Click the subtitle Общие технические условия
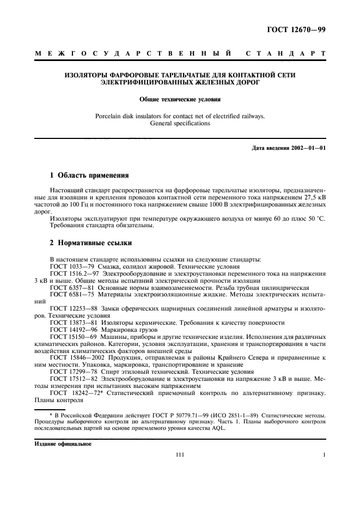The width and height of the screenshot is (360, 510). (180, 99)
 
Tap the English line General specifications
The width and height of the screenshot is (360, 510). (180, 123)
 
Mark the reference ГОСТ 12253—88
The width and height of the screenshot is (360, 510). (69, 308)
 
